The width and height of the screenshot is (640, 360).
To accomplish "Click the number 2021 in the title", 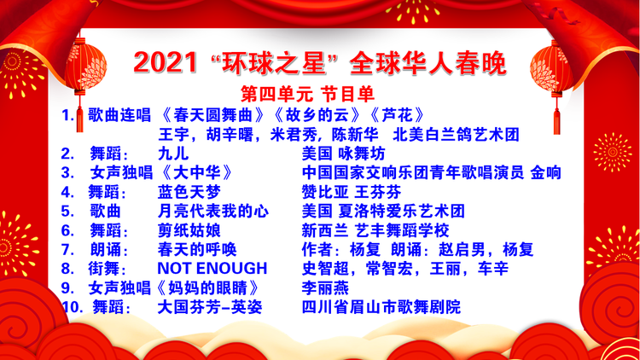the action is pyautogui.click(x=166, y=63).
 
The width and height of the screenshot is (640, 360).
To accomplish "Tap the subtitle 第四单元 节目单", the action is pyautogui.click(x=307, y=95).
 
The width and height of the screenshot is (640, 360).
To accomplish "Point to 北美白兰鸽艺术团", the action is pyautogui.click(x=456, y=135).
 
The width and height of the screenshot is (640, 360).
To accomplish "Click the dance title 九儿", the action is pyautogui.click(x=173, y=154).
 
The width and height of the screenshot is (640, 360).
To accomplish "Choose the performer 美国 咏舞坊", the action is pyautogui.click(x=343, y=154).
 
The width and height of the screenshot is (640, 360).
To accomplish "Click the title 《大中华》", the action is pyautogui.click(x=197, y=173).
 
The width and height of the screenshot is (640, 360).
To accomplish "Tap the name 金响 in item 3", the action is pyautogui.click(x=546, y=173).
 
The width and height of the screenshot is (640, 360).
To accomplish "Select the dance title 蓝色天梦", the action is pyautogui.click(x=189, y=192).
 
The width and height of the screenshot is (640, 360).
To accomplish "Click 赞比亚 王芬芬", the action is pyautogui.click(x=352, y=192).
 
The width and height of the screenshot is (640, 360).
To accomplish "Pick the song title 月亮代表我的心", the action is pyautogui.click(x=213, y=212).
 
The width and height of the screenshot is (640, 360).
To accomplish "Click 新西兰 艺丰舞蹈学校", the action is pyautogui.click(x=375, y=230).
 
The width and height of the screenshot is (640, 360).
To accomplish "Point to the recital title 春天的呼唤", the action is pyautogui.click(x=197, y=250).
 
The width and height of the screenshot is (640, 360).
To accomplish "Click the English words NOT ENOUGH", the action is pyautogui.click(x=212, y=269).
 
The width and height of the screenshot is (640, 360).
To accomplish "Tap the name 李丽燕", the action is pyautogui.click(x=325, y=288).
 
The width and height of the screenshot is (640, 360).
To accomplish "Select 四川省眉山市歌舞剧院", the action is pyautogui.click(x=381, y=307).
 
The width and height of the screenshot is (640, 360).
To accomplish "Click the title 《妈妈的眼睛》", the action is pyautogui.click(x=209, y=288).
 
